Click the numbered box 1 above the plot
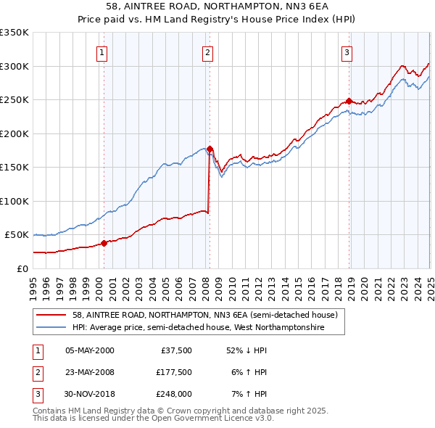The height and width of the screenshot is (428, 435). click(102, 52)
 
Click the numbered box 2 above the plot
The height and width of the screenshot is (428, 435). click(207, 52)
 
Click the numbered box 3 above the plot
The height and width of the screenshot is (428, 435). click(347, 52)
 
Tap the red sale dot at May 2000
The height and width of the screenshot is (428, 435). click(104, 243)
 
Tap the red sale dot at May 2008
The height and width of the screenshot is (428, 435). click(210, 149)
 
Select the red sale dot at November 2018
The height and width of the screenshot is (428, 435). click(349, 101)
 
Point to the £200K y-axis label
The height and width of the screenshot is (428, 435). click(14, 133)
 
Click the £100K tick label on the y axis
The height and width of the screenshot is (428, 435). click(14, 201)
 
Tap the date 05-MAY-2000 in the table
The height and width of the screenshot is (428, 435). click(90, 351)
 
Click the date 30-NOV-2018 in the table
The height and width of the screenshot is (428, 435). click(91, 395)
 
